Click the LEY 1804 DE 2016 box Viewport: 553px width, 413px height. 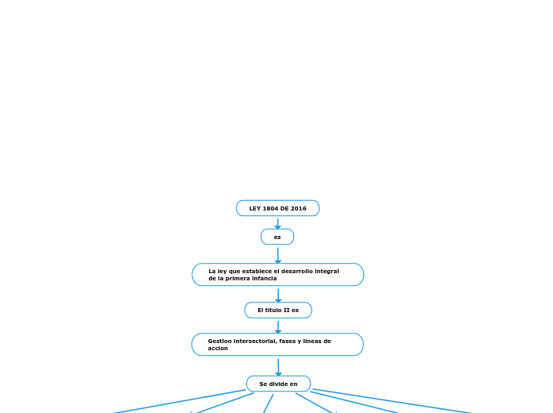pos(277,208)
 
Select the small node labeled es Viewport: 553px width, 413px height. pos(277,237)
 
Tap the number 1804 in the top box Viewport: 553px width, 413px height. pos(273,208)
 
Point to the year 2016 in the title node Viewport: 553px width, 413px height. pos(298,208)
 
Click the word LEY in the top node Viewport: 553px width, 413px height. pos(255,208)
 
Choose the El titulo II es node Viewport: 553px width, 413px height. pos(277,310)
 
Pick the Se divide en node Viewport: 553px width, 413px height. pos(278,384)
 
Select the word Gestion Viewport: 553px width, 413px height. pos(220,341)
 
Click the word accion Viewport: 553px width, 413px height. pos(218,348)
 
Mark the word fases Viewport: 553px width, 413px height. pos(292,341)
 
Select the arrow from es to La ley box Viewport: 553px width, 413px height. pos(277,254)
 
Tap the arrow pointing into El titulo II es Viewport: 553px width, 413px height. pos(277,294)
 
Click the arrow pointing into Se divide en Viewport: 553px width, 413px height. pos(278,366)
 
